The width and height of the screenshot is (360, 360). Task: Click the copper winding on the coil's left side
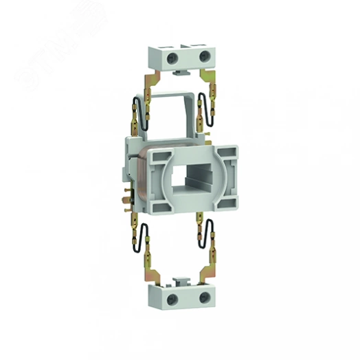137,172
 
